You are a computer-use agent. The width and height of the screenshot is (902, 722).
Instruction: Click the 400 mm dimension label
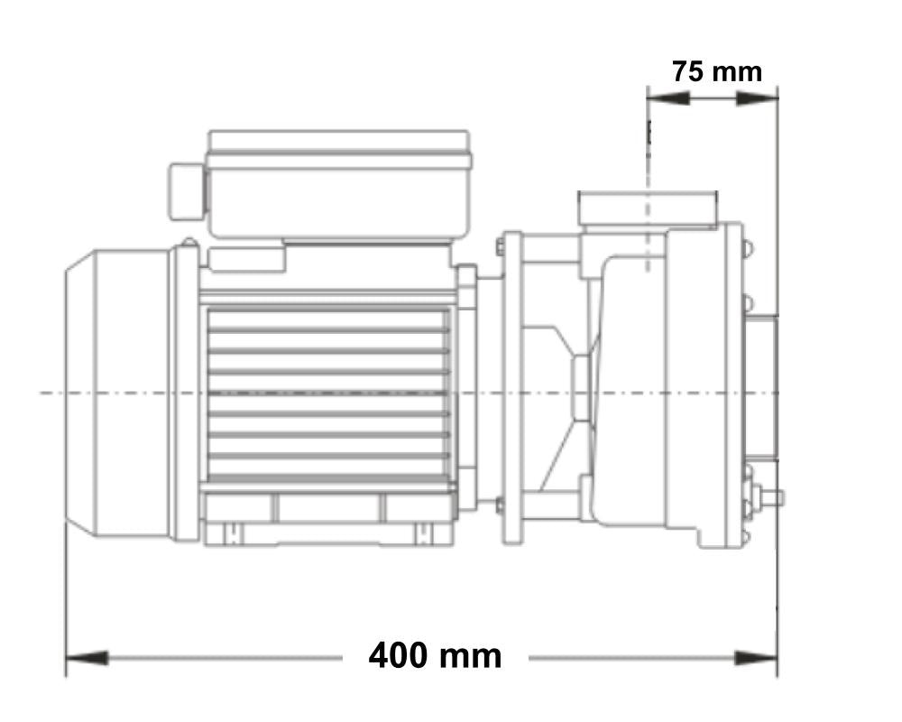435,656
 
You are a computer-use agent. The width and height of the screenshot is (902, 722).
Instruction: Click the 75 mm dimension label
716,70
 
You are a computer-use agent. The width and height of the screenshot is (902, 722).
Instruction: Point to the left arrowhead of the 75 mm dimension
668,97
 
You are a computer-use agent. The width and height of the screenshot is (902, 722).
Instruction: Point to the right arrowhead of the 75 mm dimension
757,97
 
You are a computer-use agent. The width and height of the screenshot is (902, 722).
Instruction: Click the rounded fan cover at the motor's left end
117,393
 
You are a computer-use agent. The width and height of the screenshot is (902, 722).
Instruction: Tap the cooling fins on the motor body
328,393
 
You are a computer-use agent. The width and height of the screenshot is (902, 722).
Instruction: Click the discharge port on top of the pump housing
647,208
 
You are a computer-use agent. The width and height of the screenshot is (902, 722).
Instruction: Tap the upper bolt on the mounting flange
499,244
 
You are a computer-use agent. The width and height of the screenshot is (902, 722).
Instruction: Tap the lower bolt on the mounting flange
499,505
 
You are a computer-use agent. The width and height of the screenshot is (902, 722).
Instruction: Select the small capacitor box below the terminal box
247,258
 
